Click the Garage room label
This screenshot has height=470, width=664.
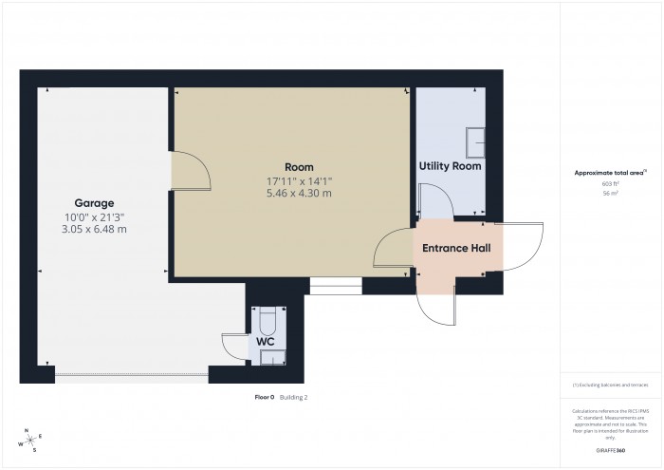pyautogui.click(x=95, y=202)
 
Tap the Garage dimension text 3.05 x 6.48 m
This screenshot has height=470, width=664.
pyautogui.click(x=95, y=229)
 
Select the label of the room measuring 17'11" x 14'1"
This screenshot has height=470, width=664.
pyautogui.click(x=299, y=167)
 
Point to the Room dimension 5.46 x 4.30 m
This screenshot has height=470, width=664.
pyautogui.click(x=299, y=194)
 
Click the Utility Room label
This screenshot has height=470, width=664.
pyautogui.click(x=450, y=166)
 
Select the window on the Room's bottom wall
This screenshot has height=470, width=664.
pyautogui.click(x=336, y=285)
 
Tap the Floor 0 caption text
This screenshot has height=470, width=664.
pyautogui.click(x=264, y=398)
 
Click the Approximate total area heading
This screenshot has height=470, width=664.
pyautogui.click(x=610, y=173)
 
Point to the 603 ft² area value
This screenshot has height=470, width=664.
pyautogui.click(x=610, y=183)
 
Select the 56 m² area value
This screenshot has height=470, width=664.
pyautogui.click(x=610, y=193)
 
